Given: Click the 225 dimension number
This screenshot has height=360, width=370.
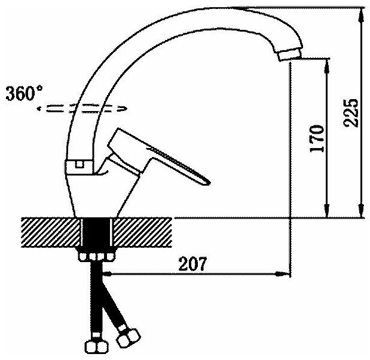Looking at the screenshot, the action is click(351, 113).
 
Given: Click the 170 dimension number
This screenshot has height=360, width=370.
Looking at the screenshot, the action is click(317, 139).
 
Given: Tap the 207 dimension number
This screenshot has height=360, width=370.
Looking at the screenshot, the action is click(192, 264).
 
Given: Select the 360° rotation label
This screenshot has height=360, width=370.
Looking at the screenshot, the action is click(24, 94).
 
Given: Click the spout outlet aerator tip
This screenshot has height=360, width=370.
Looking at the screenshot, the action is click(290, 54).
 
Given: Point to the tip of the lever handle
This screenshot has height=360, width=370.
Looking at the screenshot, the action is click(208, 182).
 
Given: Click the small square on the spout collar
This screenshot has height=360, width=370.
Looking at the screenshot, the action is click(79, 164).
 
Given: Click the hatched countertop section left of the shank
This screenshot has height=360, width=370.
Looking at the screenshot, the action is click(51, 232).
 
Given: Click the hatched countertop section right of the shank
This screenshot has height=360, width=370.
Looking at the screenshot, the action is click(143, 232).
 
